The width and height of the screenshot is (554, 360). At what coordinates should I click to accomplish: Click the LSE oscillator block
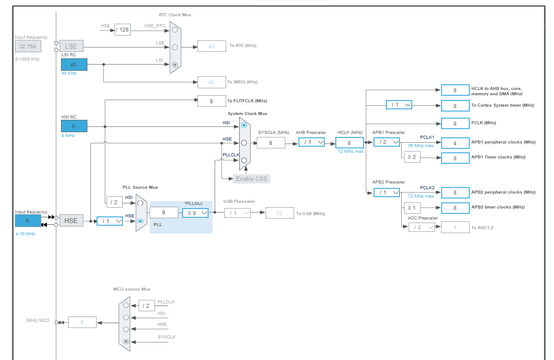tap(71, 46)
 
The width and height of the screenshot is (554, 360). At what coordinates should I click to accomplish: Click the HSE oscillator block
tap(71, 220)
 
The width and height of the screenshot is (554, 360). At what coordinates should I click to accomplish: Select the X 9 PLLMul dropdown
tap(195, 213)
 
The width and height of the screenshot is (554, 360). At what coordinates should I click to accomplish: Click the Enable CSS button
tap(251, 179)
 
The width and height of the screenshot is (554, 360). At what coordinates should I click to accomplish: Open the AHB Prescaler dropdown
tap(312, 142)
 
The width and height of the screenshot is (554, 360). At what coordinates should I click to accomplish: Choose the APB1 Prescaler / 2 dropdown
tap(387, 142)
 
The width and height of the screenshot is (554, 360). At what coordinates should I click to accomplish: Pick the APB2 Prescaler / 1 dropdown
tap(387, 192)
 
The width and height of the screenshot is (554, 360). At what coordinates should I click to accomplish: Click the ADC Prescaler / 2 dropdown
tap(421, 227)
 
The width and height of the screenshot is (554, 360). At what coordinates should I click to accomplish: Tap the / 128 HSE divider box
tap(122, 30)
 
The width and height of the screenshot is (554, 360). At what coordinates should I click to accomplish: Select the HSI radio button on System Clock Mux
tap(244, 126)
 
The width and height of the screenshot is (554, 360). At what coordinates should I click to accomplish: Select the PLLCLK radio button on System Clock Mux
tap(244, 160)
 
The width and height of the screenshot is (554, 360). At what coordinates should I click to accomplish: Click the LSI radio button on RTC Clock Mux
tap(175, 65)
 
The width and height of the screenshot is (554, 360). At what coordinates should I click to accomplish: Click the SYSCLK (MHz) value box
tap(271, 143)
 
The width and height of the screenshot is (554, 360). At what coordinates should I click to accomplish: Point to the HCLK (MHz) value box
tap(349, 143)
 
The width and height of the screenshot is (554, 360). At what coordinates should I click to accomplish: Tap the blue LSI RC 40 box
tap(74, 65)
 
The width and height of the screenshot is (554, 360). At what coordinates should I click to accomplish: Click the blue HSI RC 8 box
tap(74, 126)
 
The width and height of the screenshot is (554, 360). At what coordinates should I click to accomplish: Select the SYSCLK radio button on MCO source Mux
tap(126, 341)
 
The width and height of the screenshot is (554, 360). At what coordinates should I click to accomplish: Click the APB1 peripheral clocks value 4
tap(455, 143)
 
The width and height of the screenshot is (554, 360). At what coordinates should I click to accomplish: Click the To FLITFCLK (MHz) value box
tap(212, 101)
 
